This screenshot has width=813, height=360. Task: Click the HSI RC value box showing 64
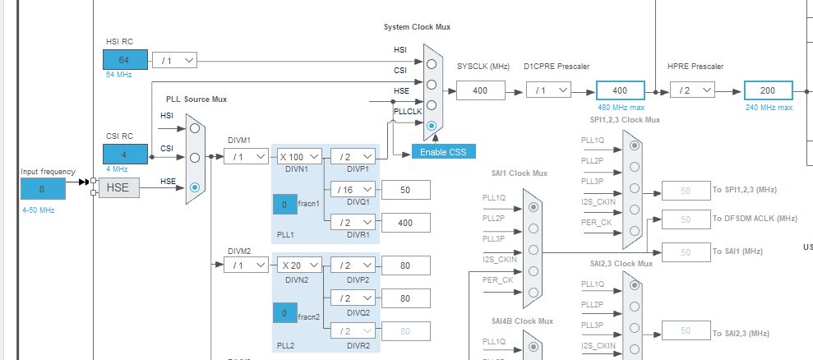[x=124, y=60]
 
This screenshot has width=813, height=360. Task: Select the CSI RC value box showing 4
[x=124, y=154]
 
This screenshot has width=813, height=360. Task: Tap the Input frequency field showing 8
[x=43, y=188]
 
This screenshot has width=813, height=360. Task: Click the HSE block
[x=119, y=188]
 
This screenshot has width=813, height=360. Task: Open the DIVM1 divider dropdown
[x=246, y=156]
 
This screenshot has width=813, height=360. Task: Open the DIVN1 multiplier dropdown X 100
[x=298, y=156]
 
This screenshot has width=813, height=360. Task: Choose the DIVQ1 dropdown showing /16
[x=353, y=189]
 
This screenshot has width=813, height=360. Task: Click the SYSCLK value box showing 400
[x=480, y=90]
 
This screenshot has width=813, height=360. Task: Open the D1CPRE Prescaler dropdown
[x=547, y=90]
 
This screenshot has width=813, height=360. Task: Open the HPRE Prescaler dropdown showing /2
[x=691, y=90]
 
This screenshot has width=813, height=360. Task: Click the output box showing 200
[x=768, y=90]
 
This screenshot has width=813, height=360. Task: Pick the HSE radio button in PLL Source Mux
[x=195, y=187]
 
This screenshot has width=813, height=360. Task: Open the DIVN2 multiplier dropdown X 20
[x=298, y=265]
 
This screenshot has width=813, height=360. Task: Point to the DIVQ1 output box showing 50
[x=405, y=189]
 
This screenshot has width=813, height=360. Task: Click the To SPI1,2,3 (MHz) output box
[x=685, y=190]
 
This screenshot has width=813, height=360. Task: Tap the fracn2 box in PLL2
[x=284, y=313]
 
